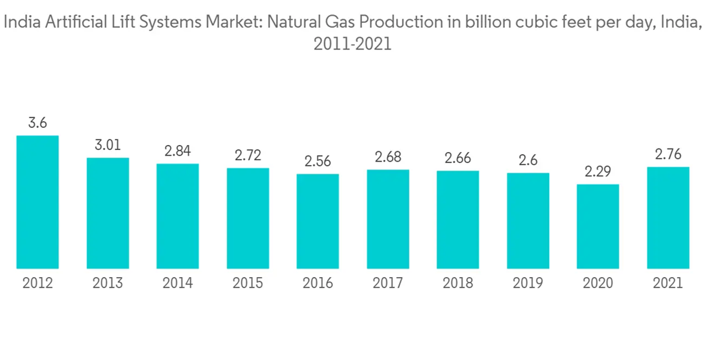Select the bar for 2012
(38, 202)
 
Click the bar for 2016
(318, 221)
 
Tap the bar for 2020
(598, 226)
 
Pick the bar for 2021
(668, 218)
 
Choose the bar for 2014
(178, 216)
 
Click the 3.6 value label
(38, 123)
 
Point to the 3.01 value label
(108, 145)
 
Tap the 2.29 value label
(598, 172)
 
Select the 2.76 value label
(668, 154)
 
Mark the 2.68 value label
(388, 157)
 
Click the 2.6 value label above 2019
(528, 160)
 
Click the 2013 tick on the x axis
(108, 284)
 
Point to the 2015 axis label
(248, 284)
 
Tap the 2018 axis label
(458, 284)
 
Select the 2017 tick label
(388, 284)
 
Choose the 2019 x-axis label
(528, 284)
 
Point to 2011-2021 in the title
(353, 44)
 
